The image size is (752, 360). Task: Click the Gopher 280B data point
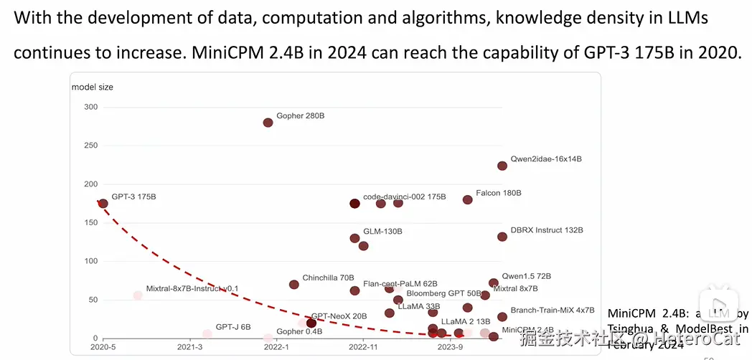click(268, 123)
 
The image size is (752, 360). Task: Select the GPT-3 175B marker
click(103, 204)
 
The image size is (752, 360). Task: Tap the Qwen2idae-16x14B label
click(545, 159)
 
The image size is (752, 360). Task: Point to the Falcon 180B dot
click(468, 199)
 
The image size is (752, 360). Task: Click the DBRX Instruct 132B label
click(547, 230)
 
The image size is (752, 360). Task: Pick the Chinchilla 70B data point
click(293, 285)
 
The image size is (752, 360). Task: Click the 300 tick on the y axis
click(90, 107)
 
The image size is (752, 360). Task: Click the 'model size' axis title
click(92, 87)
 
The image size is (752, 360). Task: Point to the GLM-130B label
click(382, 232)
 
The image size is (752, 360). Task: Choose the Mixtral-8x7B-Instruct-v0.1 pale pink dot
click(138, 295)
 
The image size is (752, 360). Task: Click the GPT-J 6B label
click(233, 327)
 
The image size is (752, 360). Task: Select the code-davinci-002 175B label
click(404, 196)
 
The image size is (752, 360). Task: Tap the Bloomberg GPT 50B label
click(443, 293)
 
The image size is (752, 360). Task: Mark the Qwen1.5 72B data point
click(494, 283)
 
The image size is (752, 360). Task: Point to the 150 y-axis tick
click(90, 222)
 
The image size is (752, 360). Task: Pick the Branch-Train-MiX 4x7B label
click(552, 311)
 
